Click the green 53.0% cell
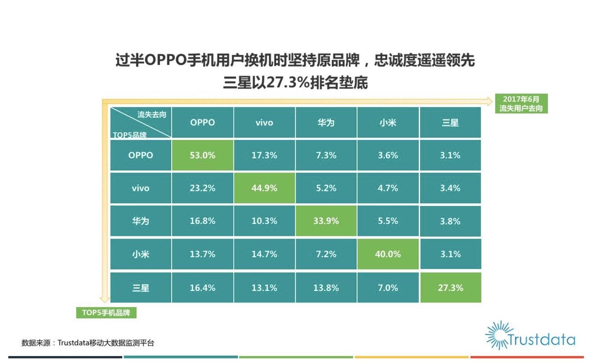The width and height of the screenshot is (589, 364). click(202, 155)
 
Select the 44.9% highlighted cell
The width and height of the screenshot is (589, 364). click(264, 188)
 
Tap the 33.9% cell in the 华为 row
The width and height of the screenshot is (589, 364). click(326, 221)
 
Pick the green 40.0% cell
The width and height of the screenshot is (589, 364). click(388, 254)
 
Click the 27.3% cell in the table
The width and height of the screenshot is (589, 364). click(450, 288)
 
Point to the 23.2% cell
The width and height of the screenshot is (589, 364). click(202, 188)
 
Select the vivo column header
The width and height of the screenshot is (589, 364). click(264, 123)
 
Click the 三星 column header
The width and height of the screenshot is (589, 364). click(450, 123)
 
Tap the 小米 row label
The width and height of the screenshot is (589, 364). click(141, 254)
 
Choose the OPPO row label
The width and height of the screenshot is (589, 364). click(141, 155)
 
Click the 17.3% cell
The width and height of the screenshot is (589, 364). click(264, 155)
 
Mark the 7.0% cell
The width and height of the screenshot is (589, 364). click(388, 288)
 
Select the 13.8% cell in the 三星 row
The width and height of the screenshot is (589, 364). click(326, 288)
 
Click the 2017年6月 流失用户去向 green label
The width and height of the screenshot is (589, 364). click(521, 104)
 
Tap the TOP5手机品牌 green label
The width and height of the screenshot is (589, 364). click(106, 313)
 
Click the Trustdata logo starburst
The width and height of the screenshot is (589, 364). click(498, 335)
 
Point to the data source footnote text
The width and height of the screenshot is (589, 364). click(88, 343)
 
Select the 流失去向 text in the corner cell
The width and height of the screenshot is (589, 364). click(152, 114)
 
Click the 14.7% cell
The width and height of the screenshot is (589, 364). click(264, 254)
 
